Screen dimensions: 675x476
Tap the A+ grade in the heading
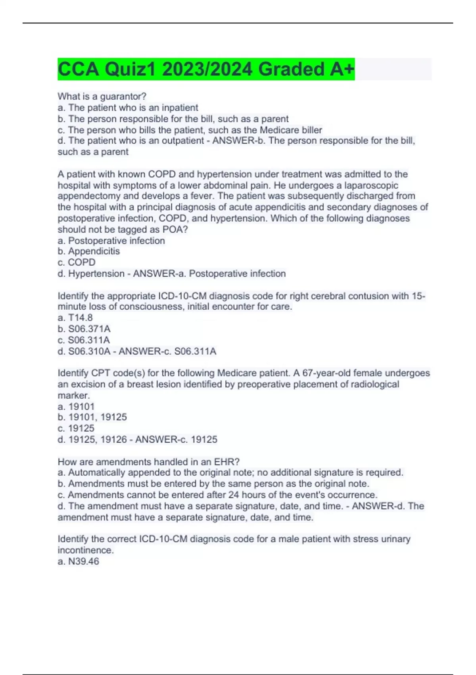pyautogui.click(x=342, y=69)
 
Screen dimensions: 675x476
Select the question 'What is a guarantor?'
pyautogui.click(x=102, y=96)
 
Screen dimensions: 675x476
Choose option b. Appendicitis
pyautogui.click(x=89, y=251)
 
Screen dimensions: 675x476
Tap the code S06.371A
pyautogui.click(x=89, y=329)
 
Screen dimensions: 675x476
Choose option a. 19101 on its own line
pyautogui.click(x=77, y=407)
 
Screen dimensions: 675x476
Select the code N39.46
pyautogui.click(x=84, y=561)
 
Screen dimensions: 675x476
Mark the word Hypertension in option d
pyautogui.click(x=96, y=274)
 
